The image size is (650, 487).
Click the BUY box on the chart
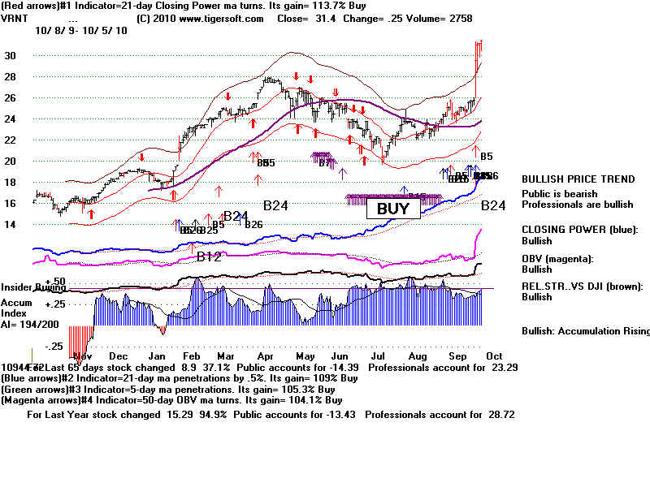tap(393, 208)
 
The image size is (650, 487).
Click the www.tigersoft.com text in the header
tap(203, 17)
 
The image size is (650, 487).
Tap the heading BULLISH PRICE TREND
tap(578, 179)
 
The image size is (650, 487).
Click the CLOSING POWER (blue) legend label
tap(579, 230)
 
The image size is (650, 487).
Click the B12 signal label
tap(209, 257)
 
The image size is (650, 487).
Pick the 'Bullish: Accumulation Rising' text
tap(585, 331)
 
